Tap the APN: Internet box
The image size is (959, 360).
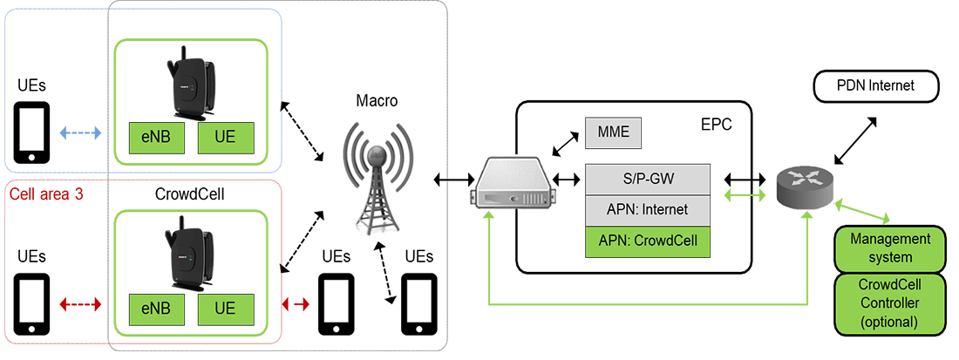point(648,210)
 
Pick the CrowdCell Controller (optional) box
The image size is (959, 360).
point(889,304)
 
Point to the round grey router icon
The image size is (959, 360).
point(804,187)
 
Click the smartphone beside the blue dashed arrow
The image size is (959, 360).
point(32,133)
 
